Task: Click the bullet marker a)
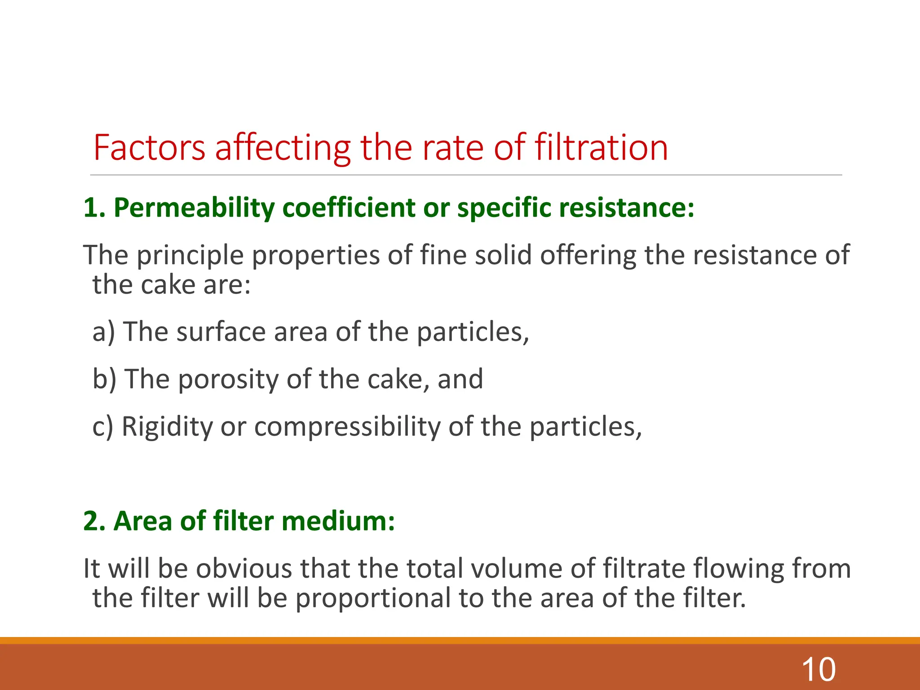[104, 332]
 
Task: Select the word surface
[221, 332]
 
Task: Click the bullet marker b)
[104, 379]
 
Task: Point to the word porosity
[228, 380]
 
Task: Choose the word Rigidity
[167, 427]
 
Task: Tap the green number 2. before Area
[94, 522]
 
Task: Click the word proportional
[373, 599]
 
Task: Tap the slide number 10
[818, 670]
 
